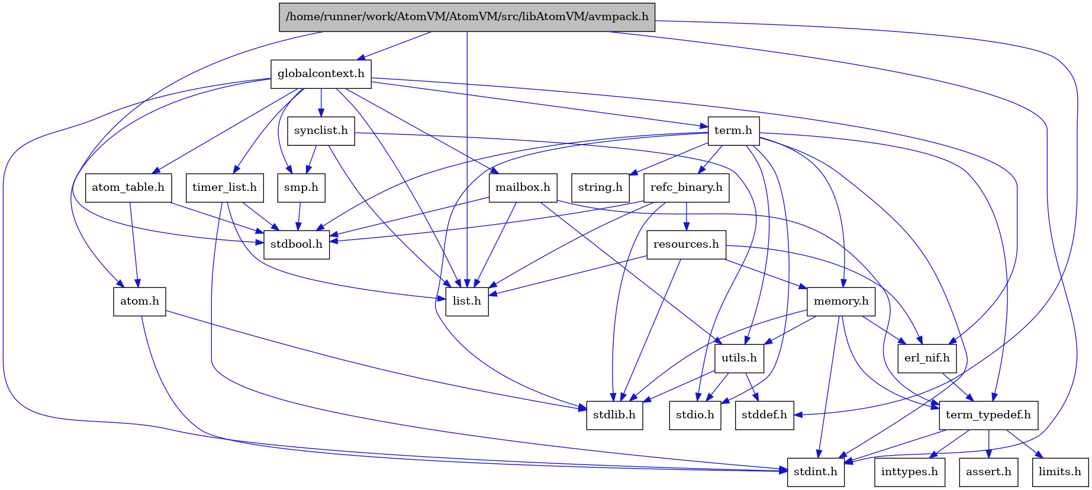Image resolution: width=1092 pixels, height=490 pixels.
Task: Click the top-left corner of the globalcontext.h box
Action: coord(271,60)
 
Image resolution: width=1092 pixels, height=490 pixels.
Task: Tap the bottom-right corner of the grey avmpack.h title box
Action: coord(655,31)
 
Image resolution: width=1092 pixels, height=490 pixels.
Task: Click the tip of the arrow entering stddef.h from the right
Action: coord(794,415)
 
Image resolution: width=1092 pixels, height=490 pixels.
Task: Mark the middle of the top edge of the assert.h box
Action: coord(988,459)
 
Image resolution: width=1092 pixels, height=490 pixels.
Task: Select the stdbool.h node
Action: coord(297,245)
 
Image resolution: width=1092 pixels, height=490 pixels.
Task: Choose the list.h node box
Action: coord(467,302)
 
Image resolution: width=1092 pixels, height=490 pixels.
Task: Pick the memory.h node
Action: coord(841,302)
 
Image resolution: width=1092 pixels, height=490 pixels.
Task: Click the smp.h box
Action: coord(301,188)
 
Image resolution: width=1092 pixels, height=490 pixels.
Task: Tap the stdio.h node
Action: coord(695,415)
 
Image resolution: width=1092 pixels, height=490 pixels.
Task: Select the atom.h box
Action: coord(140,302)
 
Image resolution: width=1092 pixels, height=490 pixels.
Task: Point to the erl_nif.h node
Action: coord(927,358)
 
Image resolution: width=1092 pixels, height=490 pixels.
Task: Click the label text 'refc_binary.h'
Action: coord(687,188)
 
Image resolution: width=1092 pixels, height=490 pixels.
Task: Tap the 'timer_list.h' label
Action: coord(224,188)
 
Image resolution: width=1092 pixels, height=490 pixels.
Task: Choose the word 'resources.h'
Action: coord(686,245)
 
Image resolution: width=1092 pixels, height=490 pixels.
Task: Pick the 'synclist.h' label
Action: coord(321,131)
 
